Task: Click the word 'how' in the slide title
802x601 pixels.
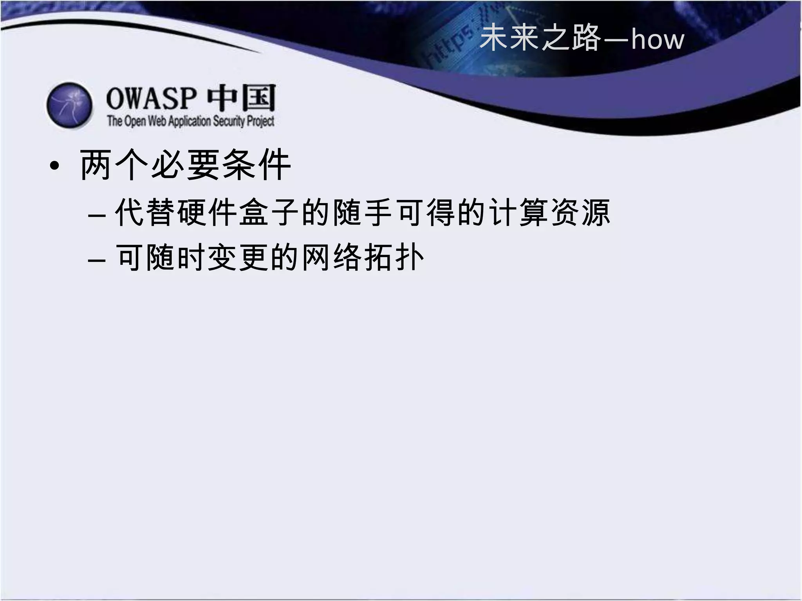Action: pyautogui.click(x=657, y=40)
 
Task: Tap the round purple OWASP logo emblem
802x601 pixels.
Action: pyautogui.click(x=70, y=105)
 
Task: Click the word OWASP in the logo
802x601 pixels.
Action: pyautogui.click(x=151, y=98)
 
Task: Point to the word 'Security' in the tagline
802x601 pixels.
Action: pyautogui.click(x=229, y=121)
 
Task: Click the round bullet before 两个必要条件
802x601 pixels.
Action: pyautogui.click(x=55, y=166)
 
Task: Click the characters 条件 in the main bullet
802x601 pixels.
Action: pyautogui.click(x=256, y=165)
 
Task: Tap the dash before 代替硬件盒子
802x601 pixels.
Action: pyautogui.click(x=97, y=216)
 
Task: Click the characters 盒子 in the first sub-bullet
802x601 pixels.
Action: pyautogui.click(x=270, y=212)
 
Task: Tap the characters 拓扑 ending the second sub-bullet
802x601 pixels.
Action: pyautogui.click(x=394, y=257)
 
